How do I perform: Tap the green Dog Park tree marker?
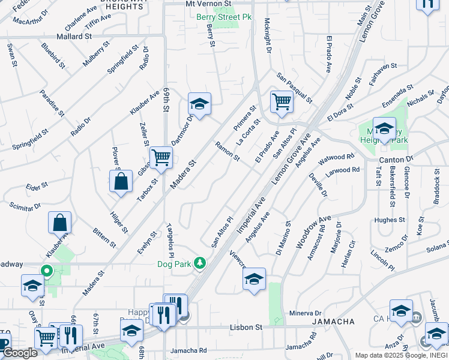[204, 262]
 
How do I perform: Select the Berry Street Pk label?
[224, 17]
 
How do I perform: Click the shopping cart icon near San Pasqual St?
[281, 101]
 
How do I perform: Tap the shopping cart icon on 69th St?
[161, 157]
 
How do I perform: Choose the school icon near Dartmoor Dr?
[199, 104]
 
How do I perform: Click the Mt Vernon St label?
[208, 4]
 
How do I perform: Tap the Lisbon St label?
[246, 328]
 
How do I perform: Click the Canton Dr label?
[397, 160]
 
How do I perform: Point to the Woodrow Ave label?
[313, 232]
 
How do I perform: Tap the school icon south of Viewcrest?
[255, 279]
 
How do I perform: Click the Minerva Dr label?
[306, 313]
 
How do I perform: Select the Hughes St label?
[387, 220]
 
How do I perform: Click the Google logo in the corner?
[20, 353]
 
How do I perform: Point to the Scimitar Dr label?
[25, 206]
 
